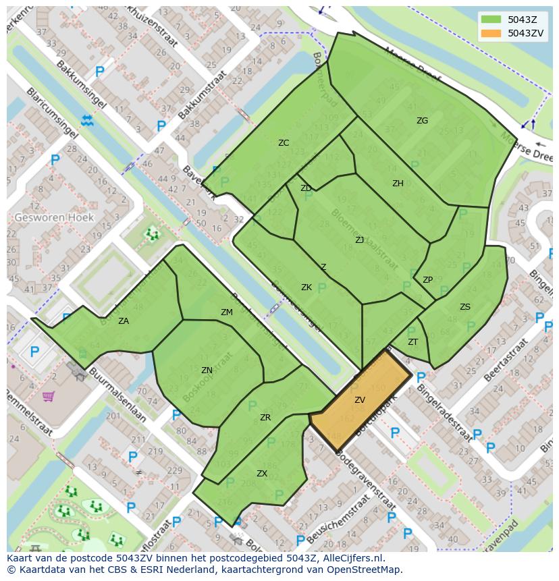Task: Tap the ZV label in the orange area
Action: [x=360, y=400]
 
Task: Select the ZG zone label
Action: [x=422, y=121]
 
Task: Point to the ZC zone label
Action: [x=284, y=142]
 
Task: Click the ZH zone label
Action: [x=398, y=183]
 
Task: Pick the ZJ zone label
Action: [x=360, y=240]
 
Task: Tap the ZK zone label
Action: [x=307, y=287]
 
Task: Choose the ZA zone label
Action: [x=124, y=321]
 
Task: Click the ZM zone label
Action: [x=227, y=312]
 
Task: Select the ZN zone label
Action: [x=207, y=370]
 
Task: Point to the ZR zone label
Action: [x=265, y=418]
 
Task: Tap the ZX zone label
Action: [x=262, y=474]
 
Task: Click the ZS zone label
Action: [x=465, y=307]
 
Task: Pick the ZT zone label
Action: [x=413, y=342]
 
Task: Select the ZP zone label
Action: [x=427, y=280]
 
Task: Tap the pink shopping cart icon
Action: [x=48, y=396]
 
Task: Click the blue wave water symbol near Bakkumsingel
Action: [x=87, y=121]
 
